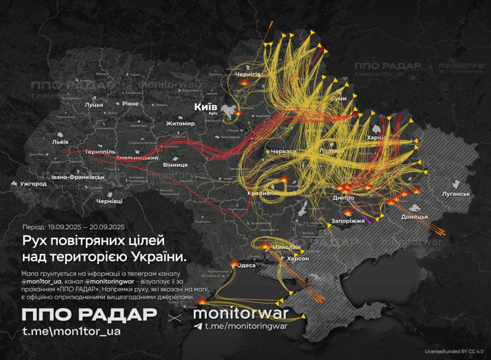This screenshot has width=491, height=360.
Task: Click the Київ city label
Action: coord(205,106)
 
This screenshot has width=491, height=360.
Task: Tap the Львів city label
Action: coord(60,142)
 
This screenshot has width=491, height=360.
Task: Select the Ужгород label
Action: coord(33,184)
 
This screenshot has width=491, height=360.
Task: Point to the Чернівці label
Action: coord(109,201)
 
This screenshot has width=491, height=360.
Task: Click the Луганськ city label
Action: coord(456,194)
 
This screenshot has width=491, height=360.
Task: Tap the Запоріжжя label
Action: coord(348,221)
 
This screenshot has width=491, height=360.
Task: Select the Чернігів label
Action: coord(247,74)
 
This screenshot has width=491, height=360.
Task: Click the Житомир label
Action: coord(180,124)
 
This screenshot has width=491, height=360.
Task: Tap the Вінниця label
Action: coord(175,164)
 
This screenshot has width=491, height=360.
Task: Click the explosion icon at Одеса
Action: coord(234,263)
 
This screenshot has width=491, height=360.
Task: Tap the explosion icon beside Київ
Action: coord(238,113)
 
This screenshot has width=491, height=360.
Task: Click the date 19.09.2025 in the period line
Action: coord(65,227)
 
